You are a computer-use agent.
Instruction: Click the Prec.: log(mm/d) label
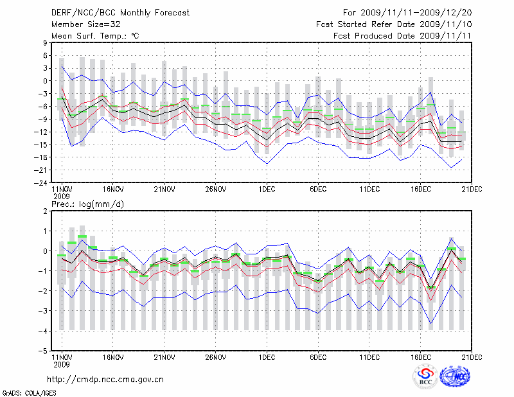[88, 204]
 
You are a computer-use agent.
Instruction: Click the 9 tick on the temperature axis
[45, 42]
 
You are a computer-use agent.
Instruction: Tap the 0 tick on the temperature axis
[45, 81]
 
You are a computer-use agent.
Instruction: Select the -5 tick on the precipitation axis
[43, 351]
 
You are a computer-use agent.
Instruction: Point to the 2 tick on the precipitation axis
[45, 211]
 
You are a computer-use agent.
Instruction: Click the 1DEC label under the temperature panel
[266, 190]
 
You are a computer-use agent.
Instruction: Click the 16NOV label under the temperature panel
[113, 190]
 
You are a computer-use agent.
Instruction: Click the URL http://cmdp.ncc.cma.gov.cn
[106, 379]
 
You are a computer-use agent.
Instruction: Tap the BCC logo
[425, 377]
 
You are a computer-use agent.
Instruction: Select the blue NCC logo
[457, 376]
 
